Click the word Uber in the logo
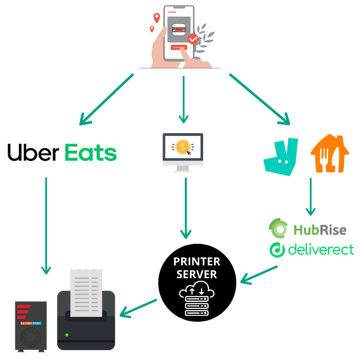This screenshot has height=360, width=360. click(x=33, y=152)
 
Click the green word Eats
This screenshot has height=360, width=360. click(x=91, y=152)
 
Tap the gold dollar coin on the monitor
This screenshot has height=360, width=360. click(x=183, y=147)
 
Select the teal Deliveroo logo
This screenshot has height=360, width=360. click(x=281, y=157)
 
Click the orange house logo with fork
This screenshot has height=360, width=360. click(x=330, y=153)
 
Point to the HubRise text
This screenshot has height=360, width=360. click(x=320, y=230)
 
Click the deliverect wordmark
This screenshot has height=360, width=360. click(x=321, y=249)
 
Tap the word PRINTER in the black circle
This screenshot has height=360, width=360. click(x=197, y=261)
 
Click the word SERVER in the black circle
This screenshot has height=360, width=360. click(x=197, y=274)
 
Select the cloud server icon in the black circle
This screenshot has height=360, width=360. click(x=197, y=298)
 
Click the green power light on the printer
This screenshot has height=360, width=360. click(x=67, y=335)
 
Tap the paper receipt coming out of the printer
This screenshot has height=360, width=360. click(x=86, y=293)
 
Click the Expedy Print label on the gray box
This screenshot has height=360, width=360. click(x=31, y=323)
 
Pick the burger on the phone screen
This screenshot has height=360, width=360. click(x=179, y=30)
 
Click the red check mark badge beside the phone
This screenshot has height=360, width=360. click(x=193, y=39)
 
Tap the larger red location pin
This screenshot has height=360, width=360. click(x=157, y=17)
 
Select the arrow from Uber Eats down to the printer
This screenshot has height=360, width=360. click(x=46, y=226)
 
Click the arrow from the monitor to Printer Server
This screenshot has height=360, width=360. click(x=186, y=208)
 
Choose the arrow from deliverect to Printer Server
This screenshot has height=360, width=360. click(x=259, y=275)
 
